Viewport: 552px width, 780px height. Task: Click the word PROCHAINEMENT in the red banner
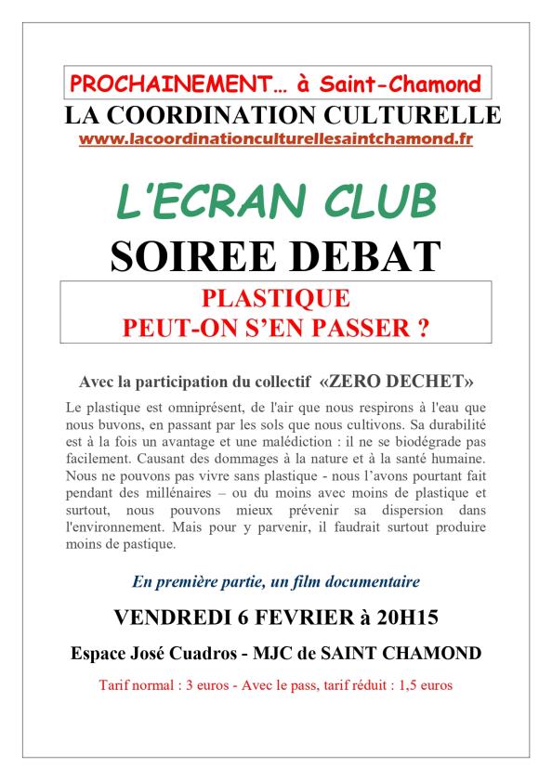pyautogui.click(x=164, y=85)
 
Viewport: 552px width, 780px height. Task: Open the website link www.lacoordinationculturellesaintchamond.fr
pyautogui.click(x=276, y=138)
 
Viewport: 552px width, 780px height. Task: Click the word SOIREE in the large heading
pyautogui.click(x=186, y=254)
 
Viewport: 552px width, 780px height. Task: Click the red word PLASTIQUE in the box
pyautogui.click(x=276, y=299)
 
